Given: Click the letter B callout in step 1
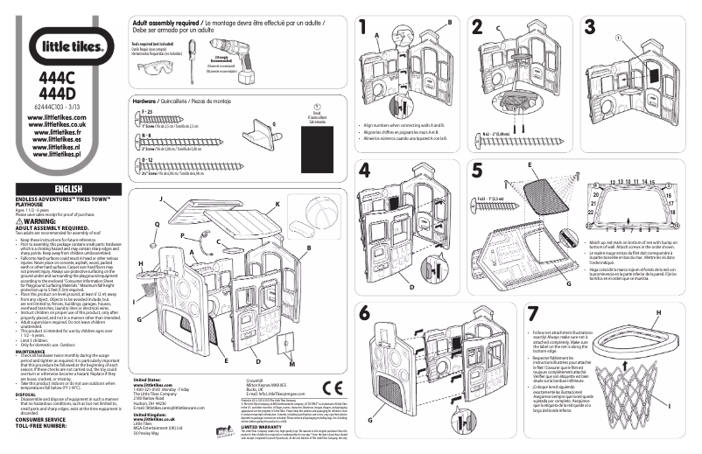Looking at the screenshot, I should coord(450,21).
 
